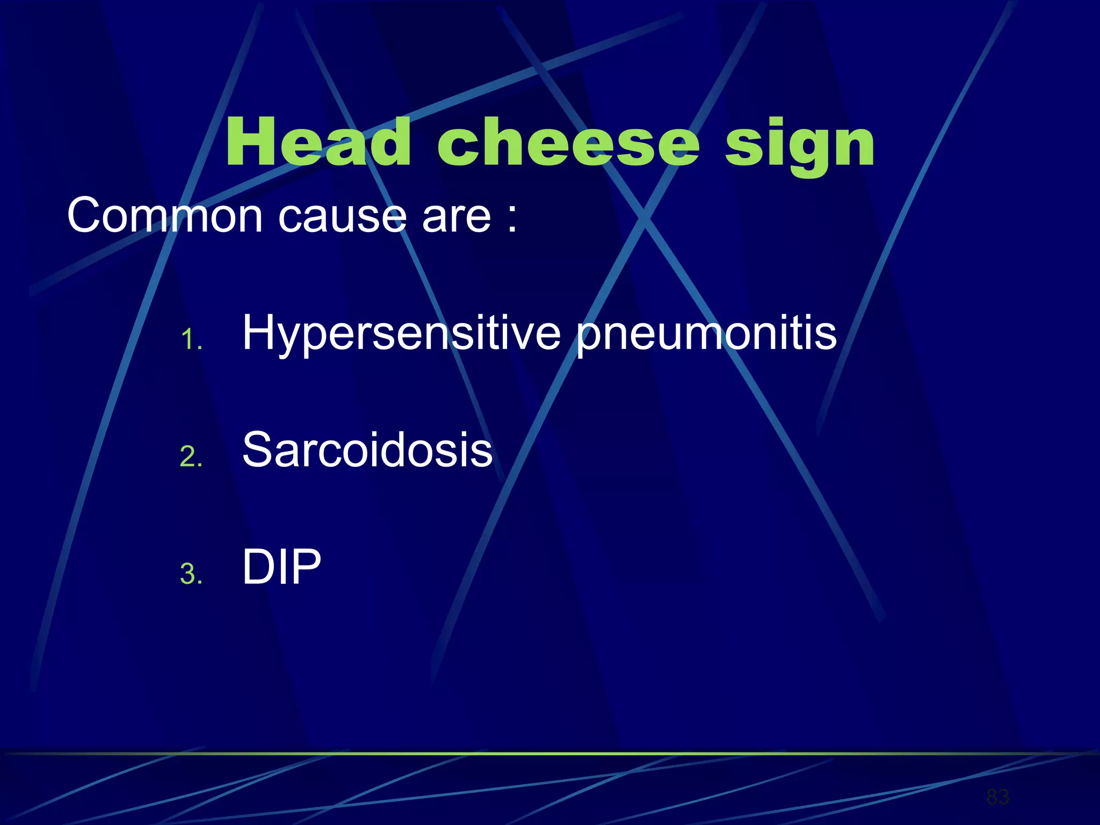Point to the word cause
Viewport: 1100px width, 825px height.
(x=342, y=216)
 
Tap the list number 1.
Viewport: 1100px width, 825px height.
(x=190, y=339)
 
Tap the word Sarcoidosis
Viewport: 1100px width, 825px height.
(x=367, y=450)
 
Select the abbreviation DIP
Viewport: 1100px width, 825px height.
(x=281, y=567)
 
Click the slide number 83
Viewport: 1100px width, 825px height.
(x=997, y=797)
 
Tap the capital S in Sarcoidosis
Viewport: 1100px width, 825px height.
(x=259, y=450)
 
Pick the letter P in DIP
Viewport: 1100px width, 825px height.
(x=306, y=567)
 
